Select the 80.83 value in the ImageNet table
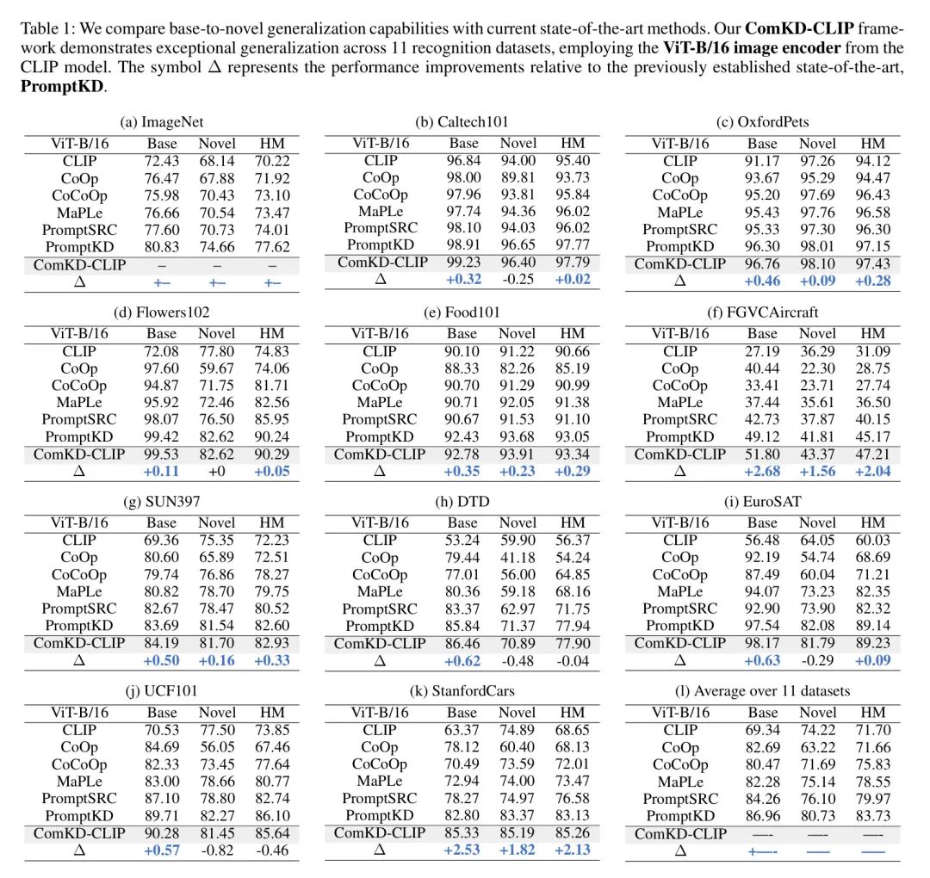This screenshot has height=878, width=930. [162, 247]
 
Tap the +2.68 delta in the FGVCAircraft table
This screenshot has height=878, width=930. [762, 471]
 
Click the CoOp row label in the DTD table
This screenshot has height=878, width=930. [380, 557]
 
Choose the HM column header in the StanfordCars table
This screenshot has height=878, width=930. [572, 712]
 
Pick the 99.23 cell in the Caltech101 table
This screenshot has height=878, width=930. [462, 263]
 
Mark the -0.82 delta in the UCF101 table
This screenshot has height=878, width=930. [216, 850]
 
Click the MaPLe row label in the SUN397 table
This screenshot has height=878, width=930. [78, 591]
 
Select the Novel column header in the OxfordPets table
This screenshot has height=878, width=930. [817, 144]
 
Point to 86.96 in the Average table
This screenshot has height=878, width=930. [762, 815]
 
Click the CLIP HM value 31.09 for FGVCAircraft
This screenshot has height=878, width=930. [872, 350]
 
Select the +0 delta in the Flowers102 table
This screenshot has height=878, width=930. [216, 471]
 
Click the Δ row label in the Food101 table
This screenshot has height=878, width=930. [380, 471]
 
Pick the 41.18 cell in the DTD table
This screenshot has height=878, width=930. [517, 557]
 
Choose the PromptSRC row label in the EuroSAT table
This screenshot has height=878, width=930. [680, 609]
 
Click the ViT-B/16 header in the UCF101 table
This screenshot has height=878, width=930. [78, 712]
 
